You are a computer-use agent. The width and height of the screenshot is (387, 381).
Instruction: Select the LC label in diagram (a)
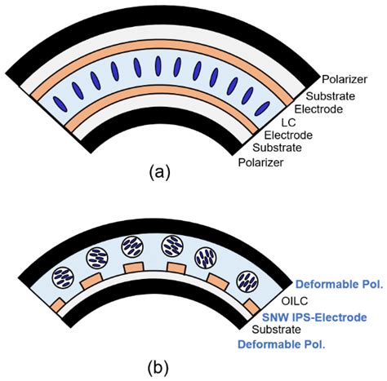[286, 122]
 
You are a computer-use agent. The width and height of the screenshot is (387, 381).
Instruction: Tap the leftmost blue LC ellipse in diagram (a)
[59, 104]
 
